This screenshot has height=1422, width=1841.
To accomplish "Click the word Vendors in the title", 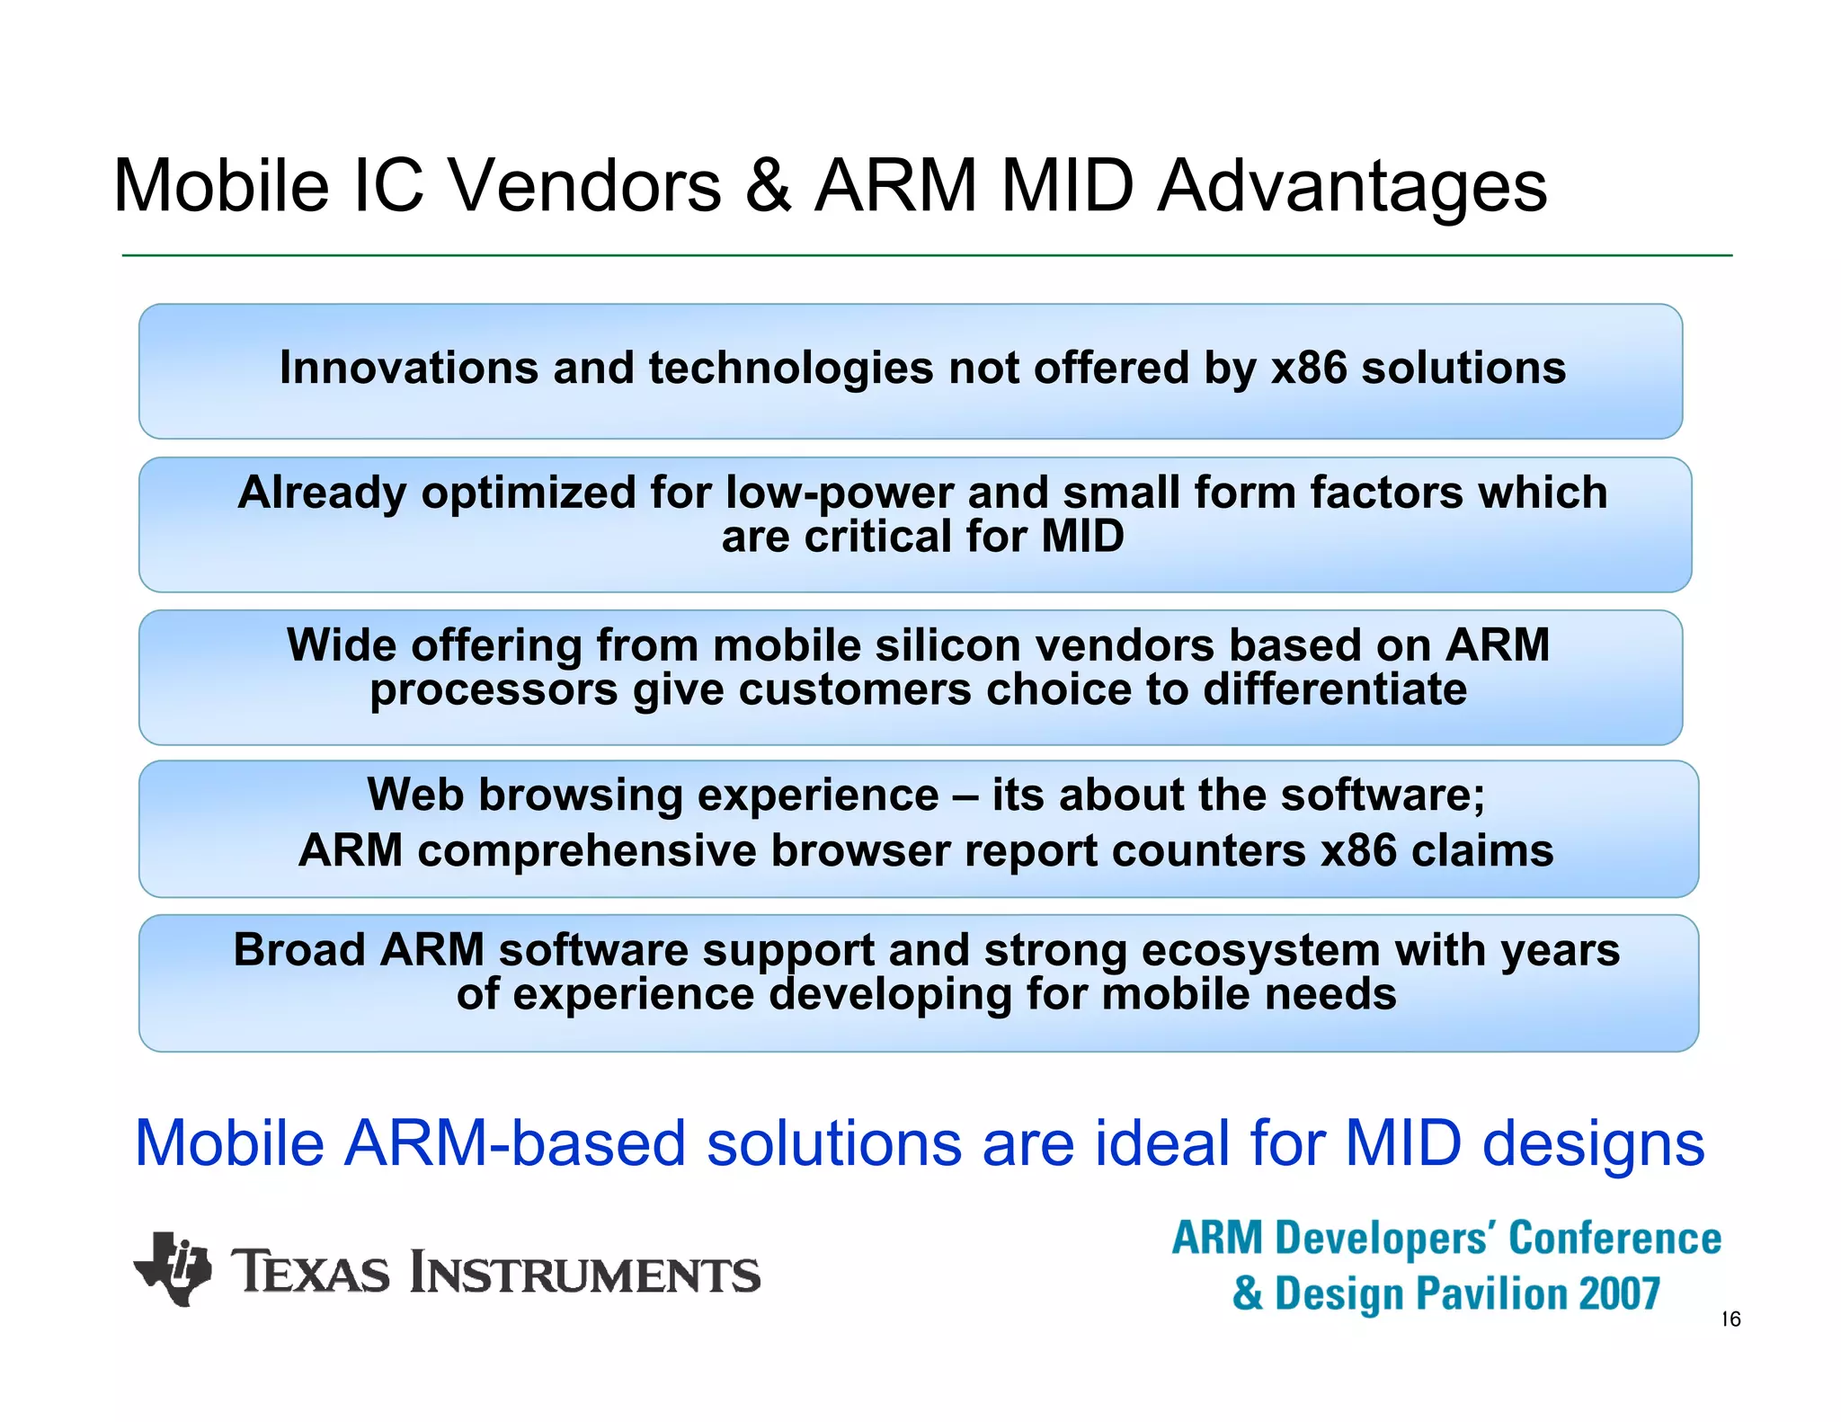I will coord(584,186).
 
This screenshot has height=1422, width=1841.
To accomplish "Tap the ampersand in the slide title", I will coord(769,186).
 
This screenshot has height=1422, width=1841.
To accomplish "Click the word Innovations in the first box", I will coord(408,368).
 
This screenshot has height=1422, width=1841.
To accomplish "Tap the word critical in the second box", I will coord(877,537).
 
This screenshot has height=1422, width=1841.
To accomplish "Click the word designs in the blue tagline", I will coord(1592,1144).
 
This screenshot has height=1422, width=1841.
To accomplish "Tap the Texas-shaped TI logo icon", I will coord(173,1268).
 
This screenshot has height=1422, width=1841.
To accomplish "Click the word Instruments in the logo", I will coord(584,1274).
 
